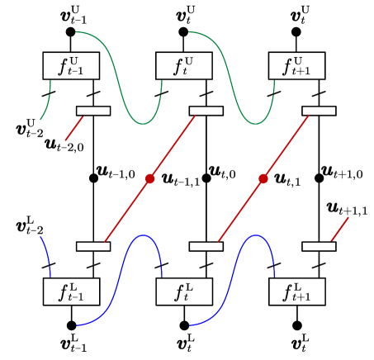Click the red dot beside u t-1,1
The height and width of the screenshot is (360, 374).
pos(149,178)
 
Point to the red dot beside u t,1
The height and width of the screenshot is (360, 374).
pos(263,178)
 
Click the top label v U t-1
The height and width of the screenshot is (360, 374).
pos(71,14)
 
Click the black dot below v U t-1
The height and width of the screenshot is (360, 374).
pos(71,32)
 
